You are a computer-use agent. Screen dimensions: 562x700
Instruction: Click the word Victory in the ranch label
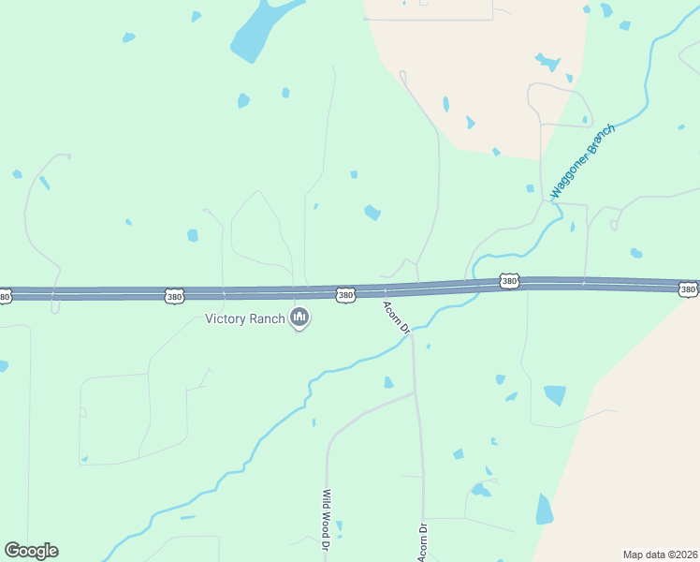point(226,318)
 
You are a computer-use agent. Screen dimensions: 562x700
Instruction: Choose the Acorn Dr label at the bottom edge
point(424,542)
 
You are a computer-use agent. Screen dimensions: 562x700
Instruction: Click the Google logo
point(31,550)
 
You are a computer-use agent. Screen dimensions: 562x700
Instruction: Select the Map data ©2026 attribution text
point(659,555)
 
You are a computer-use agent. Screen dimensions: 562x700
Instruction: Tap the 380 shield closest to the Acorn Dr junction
point(345,295)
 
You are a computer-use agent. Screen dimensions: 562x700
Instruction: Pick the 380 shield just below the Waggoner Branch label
point(508,281)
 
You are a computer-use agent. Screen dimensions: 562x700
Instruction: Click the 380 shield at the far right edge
point(688,290)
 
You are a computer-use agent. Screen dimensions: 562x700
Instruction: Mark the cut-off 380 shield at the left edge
point(5,297)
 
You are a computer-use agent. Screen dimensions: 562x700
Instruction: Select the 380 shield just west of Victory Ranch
point(174,296)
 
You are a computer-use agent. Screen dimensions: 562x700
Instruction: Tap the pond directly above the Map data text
point(544,510)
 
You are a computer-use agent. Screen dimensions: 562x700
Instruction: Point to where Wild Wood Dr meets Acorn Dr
point(415,393)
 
